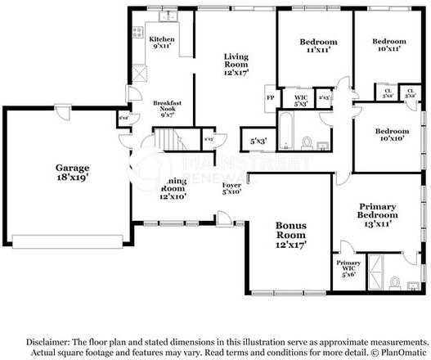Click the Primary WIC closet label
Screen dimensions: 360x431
(349, 267)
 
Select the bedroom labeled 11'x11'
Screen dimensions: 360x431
(317, 46)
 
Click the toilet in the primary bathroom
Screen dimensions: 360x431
(393, 283)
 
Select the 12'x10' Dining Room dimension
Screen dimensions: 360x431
(173, 196)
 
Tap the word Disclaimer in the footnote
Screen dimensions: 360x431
(48, 341)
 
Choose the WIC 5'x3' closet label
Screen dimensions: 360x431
(300, 101)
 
